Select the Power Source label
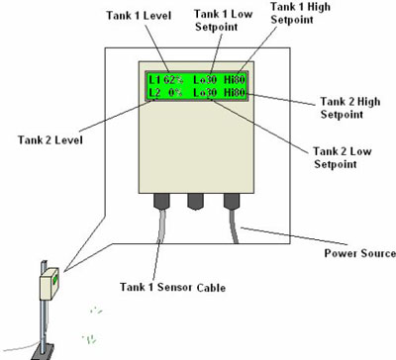click(x=359, y=253)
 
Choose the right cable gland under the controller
click(x=232, y=201)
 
